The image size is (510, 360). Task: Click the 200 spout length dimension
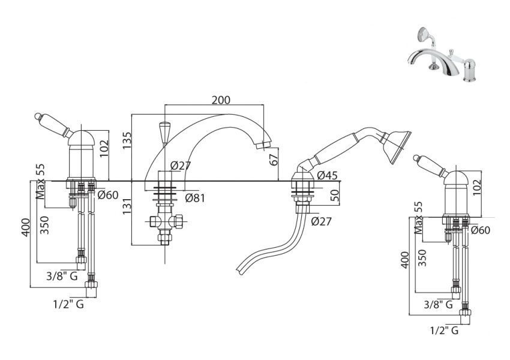[221, 100]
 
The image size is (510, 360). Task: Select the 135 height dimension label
[127, 140]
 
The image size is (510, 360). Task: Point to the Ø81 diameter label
[195, 198]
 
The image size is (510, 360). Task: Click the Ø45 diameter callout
[327, 176]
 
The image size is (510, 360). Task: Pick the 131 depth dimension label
[127, 206]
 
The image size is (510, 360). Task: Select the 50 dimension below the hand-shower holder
[335, 195]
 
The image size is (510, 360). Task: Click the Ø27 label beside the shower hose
[321, 221]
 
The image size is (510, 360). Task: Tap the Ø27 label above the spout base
[180, 166]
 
